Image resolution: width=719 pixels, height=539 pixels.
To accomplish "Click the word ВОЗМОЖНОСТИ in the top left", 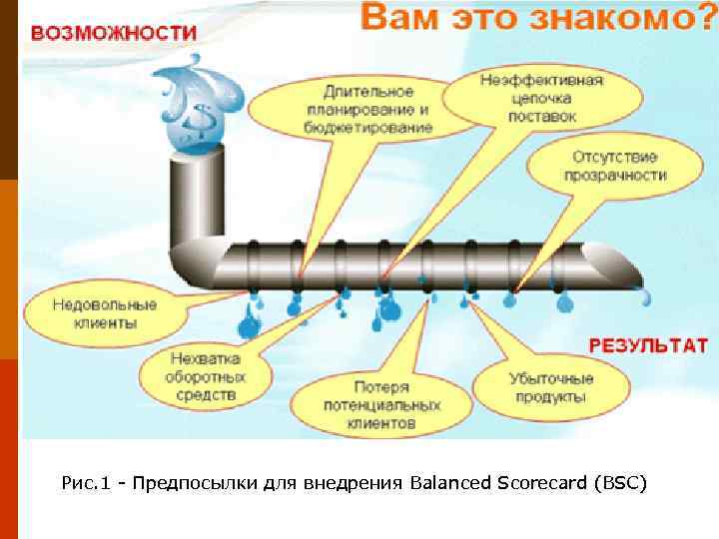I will tap(113, 32).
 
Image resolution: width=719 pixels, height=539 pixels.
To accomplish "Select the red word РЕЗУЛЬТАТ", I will tap(649, 345).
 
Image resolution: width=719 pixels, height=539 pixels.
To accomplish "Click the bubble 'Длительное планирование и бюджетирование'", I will tap(369, 105).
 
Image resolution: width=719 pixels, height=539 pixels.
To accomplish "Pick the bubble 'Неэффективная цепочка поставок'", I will tap(542, 98).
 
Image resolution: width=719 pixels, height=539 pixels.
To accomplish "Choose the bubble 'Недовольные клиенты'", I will tap(90, 313).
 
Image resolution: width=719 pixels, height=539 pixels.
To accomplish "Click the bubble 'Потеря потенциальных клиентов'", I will tap(381, 403).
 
